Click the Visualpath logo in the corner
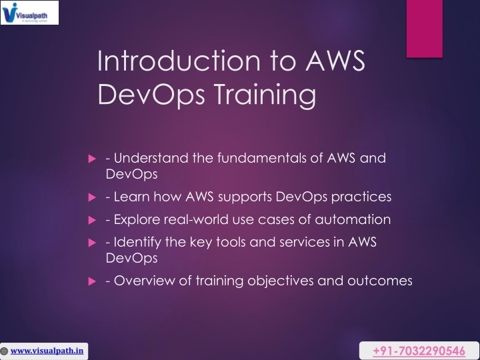(30, 13)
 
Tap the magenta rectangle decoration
(424, 29)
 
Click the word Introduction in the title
(179, 61)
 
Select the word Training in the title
(265, 95)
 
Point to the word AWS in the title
(335, 61)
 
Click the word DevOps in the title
(151, 95)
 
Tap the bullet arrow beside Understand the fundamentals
(92, 159)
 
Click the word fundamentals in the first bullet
(262, 158)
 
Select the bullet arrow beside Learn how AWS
(92, 197)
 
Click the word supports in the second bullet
(245, 197)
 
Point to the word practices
(361, 197)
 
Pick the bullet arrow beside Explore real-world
(92, 220)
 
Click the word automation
(353, 219)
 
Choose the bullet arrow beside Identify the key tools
(92, 243)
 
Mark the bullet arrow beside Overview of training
(92, 281)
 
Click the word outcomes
(380, 281)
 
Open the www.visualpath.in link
(47, 351)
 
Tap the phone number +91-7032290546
(419, 351)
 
